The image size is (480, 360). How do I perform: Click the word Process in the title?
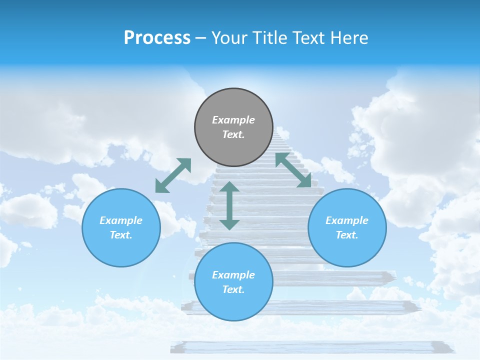157,38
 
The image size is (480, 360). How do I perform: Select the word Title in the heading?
270,38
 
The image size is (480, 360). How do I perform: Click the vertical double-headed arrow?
229,205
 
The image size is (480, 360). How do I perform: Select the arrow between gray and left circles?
173,175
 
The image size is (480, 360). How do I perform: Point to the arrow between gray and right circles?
293,170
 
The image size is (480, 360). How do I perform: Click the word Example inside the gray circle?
233,120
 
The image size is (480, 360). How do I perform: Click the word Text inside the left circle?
121,235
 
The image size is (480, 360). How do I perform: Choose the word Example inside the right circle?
347,220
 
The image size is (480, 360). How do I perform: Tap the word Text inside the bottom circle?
233,289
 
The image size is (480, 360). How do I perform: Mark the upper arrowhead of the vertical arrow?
229,187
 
